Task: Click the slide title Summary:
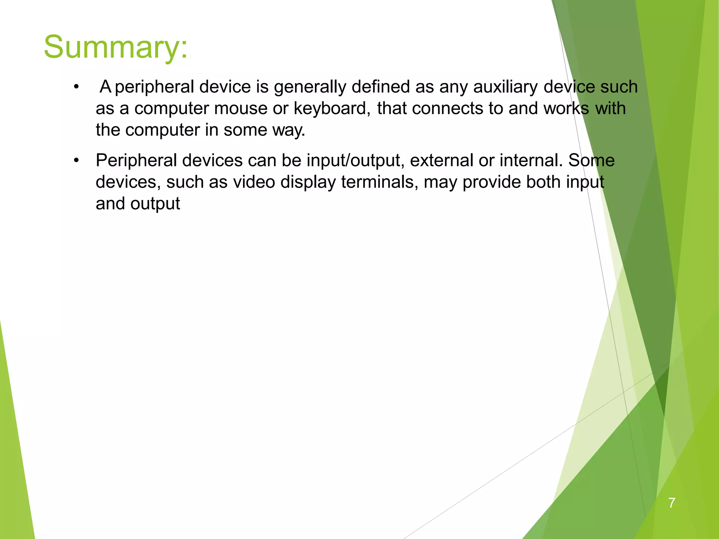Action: [116, 47]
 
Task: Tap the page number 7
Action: [672, 503]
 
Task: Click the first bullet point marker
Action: [76, 87]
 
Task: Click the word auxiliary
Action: [505, 87]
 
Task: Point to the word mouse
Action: [240, 108]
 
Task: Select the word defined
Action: [381, 87]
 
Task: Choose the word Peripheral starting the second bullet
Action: [136, 161]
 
